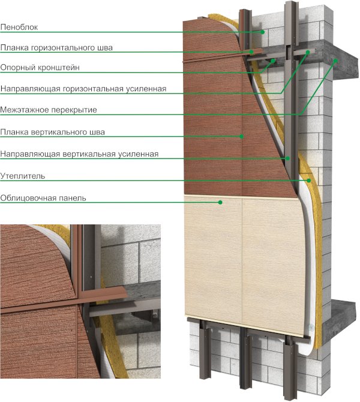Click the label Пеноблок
click(19, 27)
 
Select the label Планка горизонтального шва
click(56, 48)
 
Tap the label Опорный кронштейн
click(40, 68)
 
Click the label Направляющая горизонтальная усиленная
click(83, 89)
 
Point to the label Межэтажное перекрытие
click(49, 110)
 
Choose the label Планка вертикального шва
click(53, 132)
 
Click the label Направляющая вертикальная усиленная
click(79, 154)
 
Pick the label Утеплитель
click(23, 176)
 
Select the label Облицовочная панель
click(43, 198)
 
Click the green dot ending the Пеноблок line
click(263, 32)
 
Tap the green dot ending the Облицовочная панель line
click(220, 202)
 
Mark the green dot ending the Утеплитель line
click(309, 181)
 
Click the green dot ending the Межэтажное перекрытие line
click(335, 61)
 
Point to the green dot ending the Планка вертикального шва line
click(242, 136)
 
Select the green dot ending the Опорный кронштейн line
click(274, 61)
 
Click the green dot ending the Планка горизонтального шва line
click(251, 52)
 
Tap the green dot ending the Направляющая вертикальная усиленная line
click(288, 158)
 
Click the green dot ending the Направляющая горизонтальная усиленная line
click(308, 52)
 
